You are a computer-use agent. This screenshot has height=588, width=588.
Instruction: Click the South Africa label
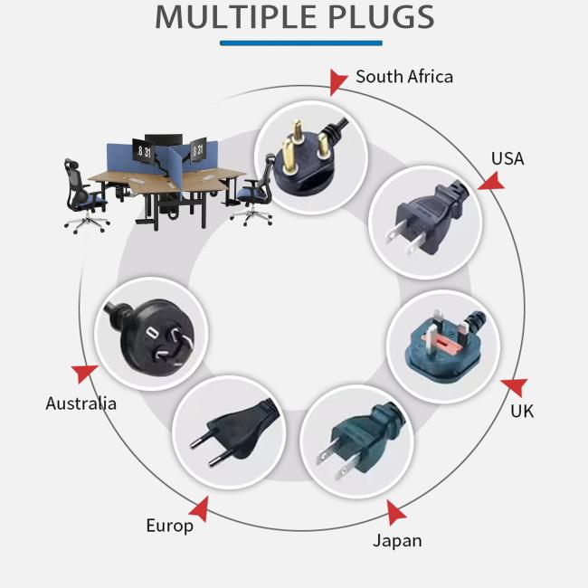click(403, 77)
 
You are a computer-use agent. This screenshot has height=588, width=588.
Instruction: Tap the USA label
click(507, 158)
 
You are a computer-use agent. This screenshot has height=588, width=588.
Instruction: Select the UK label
click(522, 412)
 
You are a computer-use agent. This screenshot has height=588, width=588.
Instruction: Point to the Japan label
click(397, 541)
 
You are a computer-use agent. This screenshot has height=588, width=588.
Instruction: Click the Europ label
click(170, 526)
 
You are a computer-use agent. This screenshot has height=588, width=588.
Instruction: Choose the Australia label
click(81, 403)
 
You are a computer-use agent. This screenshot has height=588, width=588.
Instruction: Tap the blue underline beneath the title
click(301, 43)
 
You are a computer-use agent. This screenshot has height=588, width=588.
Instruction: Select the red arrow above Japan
click(395, 514)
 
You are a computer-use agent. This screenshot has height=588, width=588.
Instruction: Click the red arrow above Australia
click(86, 373)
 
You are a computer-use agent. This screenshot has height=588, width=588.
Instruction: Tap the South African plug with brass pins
click(308, 152)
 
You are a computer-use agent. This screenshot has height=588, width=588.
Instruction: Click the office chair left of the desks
click(86, 193)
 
